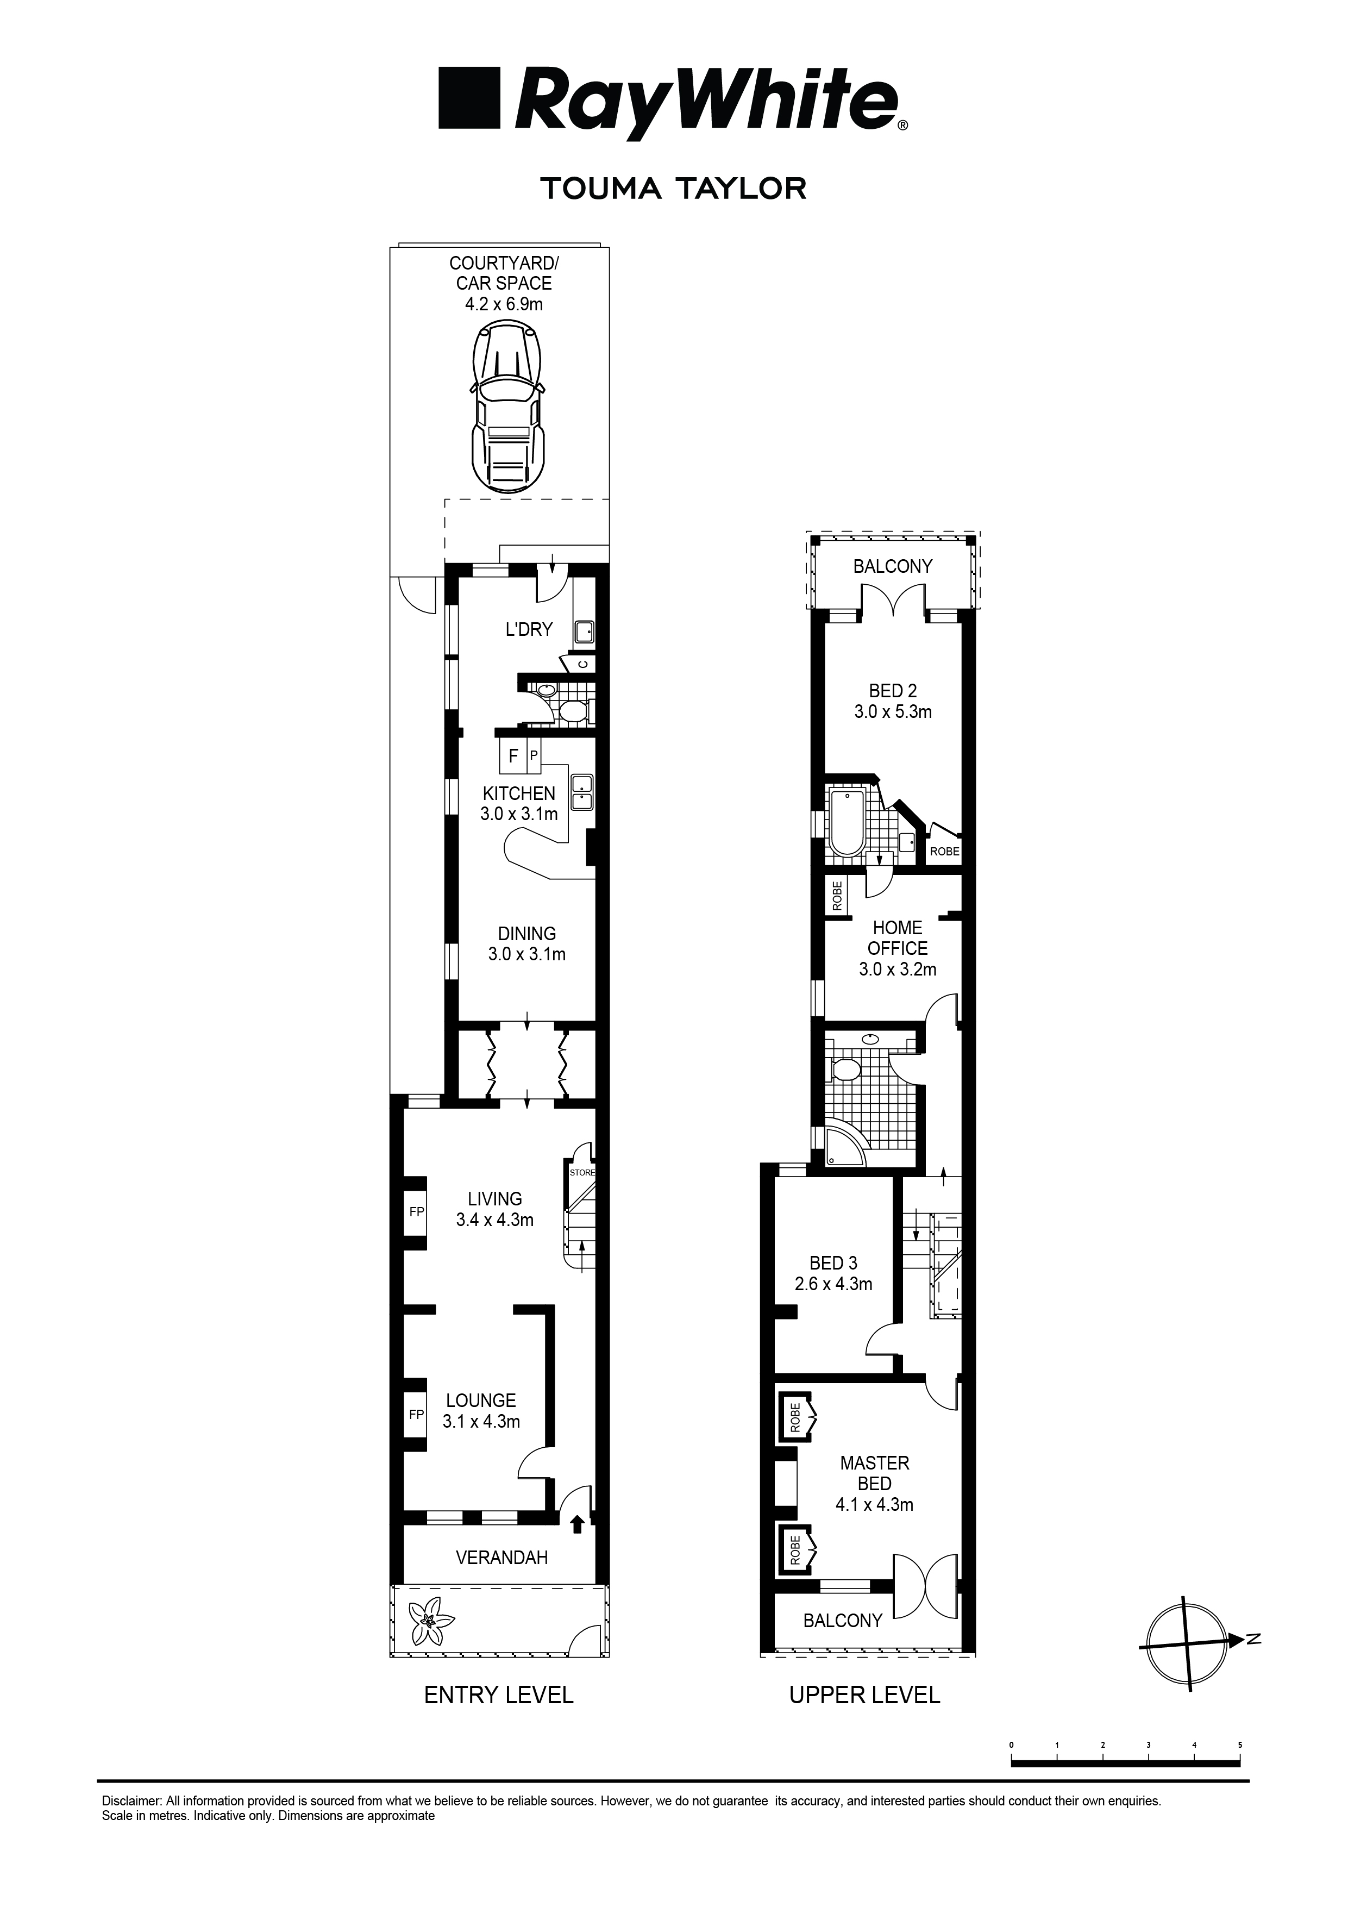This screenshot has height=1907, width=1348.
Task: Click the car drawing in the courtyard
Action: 509,409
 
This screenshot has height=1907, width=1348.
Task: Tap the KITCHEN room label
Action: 518,793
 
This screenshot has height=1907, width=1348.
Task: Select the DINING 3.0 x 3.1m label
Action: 526,945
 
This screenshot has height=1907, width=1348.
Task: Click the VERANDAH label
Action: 501,1558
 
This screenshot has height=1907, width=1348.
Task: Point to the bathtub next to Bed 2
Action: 847,823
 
